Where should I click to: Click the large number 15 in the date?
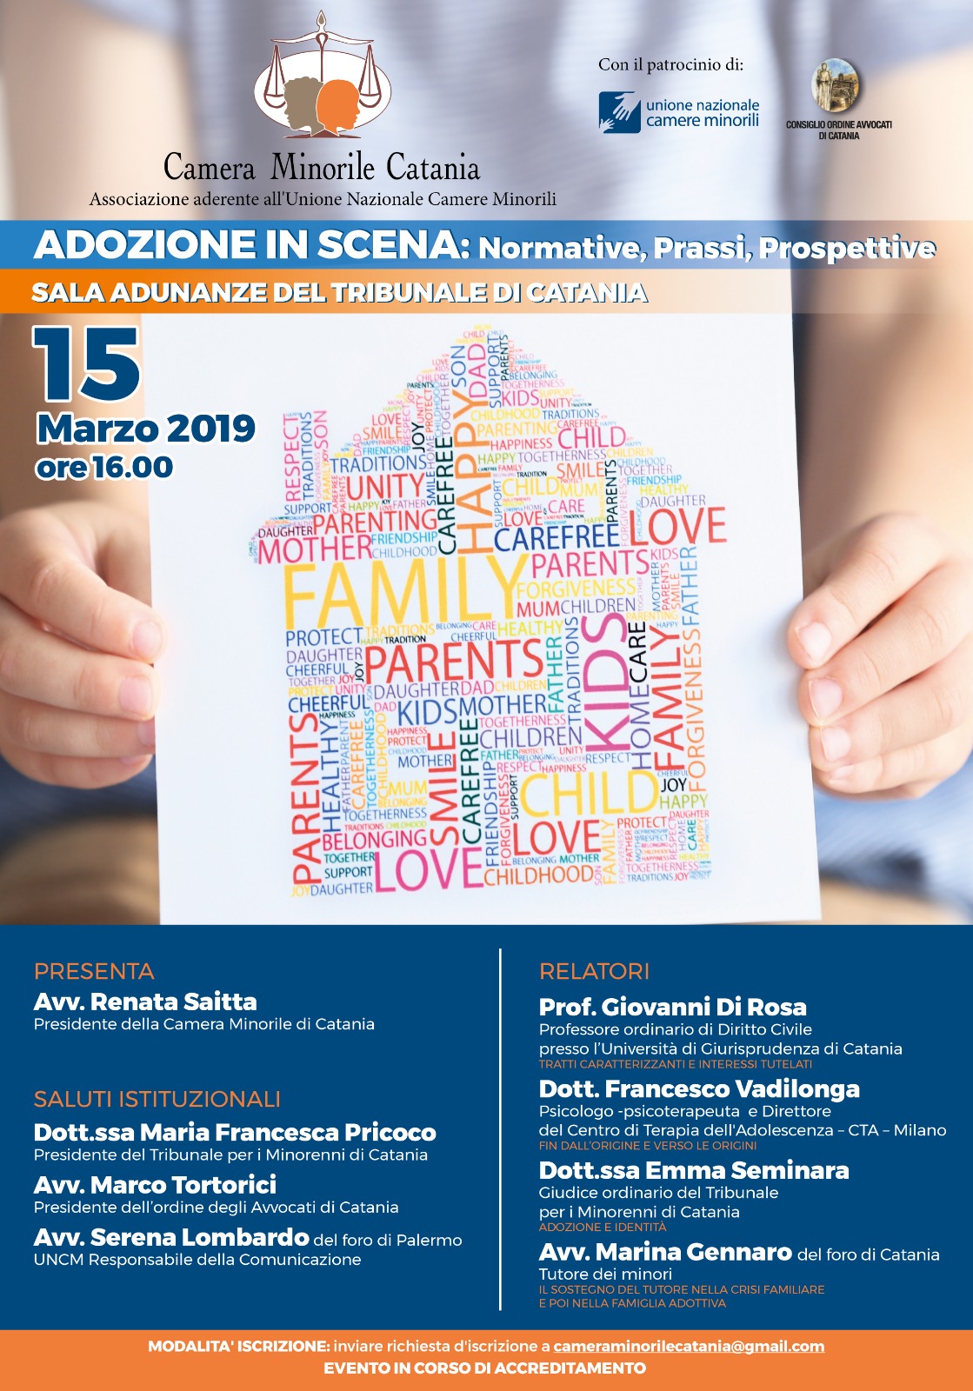(x=87, y=365)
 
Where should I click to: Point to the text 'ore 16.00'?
(x=104, y=468)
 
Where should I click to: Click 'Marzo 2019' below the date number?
(x=145, y=429)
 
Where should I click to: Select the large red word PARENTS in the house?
(x=454, y=662)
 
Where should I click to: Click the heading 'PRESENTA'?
(x=94, y=971)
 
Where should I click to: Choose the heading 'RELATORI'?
(x=594, y=971)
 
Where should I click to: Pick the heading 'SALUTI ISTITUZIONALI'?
(x=157, y=1099)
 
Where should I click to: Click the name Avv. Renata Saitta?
(x=145, y=1002)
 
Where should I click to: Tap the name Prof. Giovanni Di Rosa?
(x=672, y=1007)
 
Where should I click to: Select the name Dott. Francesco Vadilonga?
(x=699, y=1088)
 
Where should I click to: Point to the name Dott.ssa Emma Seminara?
(x=693, y=1170)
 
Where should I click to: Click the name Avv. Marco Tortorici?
(x=155, y=1184)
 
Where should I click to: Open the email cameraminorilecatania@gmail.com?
(x=689, y=1346)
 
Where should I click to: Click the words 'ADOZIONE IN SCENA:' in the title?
(x=251, y=245)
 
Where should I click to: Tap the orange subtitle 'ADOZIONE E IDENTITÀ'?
(x=602, y=1227)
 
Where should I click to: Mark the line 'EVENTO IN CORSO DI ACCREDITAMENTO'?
(x=484, y=1368)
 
